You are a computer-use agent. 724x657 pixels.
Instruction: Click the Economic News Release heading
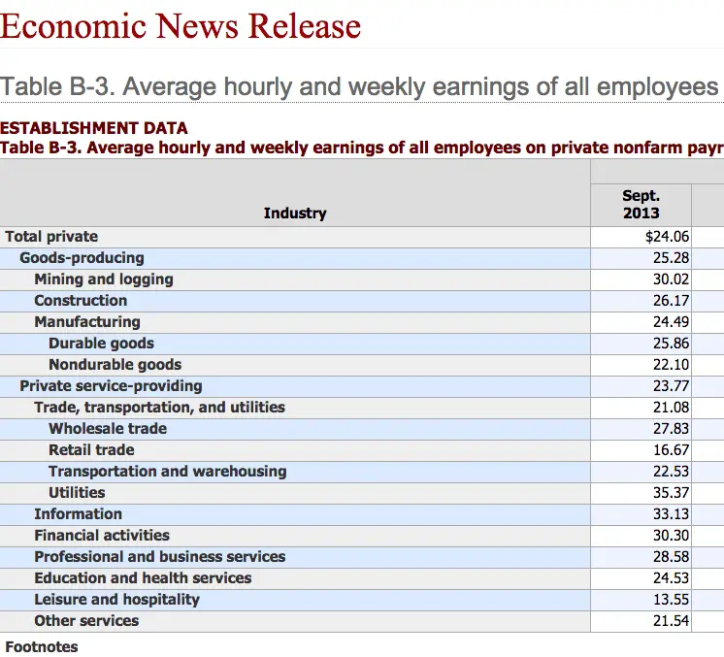(x=181, y=26)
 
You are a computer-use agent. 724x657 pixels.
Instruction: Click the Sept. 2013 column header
(x=641, y=204)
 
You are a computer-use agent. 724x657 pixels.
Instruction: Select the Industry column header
(x=295, y=213)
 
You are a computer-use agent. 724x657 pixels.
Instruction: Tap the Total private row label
(x=51, y=236)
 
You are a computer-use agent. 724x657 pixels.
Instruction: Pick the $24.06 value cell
(x=667, y=236)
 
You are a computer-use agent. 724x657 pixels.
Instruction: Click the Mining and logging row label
(x=104, y=279)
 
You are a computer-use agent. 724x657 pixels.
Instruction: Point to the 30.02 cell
(x=671, y=279)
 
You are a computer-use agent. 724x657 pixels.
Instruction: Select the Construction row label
(x=81, y=300)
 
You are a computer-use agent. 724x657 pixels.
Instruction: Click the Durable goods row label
(x=101, y=343)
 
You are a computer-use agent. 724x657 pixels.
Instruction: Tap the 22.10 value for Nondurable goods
(x=671, y=364)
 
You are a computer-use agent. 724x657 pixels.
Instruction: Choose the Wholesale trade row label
(x=108, y=428)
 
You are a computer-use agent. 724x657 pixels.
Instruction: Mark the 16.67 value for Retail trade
(x=671, y=449)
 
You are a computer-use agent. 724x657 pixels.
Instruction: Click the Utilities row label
(x=77, y=492)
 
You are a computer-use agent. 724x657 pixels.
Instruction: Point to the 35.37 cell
(x=671, y=492)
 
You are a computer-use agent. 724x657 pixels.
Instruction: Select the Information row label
(x=78, y=513)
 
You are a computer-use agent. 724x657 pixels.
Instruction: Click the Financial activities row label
(x=102, y=535)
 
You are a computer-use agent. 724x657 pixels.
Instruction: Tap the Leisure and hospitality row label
(x=116, y=599)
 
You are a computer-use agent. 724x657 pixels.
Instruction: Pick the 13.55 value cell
(x=671, y=599)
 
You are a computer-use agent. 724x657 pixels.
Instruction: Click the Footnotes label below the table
(x=42, y=646)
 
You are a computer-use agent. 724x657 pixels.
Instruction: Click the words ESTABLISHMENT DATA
(x=94, y=127)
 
